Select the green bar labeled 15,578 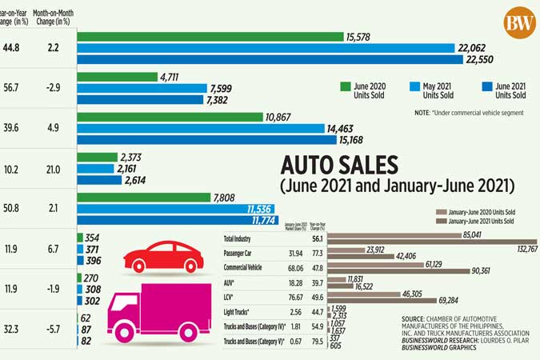pyautogui.click(x=208, y=37)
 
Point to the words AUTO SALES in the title pyautogui.click(x=338, y=166)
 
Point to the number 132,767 pyautogui.click(x=520, y=250)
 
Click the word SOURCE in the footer pyautogui.click(x=417, y=318)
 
